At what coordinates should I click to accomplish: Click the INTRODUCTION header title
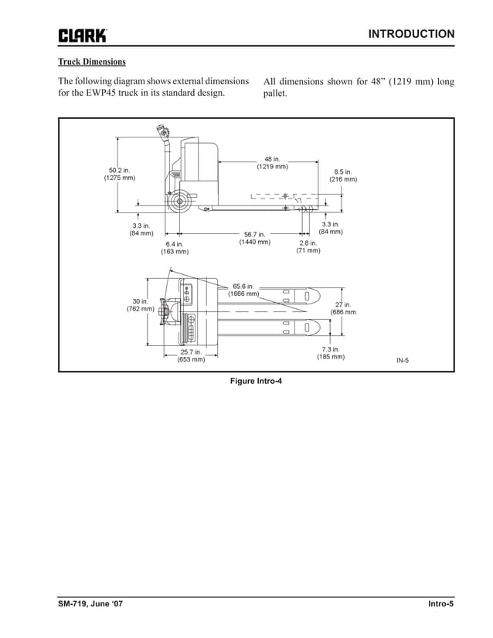[411, 34]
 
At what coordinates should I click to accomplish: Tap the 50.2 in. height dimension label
[119, 174]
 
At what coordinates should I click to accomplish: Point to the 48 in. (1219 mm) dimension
[272, 162]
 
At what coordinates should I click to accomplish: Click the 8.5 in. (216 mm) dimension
[343, 175]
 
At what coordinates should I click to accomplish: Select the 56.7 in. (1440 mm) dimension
[254, 238]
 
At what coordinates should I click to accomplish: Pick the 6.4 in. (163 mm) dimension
[174, 247]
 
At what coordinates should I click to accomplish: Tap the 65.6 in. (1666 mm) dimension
[243, 290]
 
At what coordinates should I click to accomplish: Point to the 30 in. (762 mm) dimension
[140, 305]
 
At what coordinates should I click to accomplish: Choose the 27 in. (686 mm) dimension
[343, 308]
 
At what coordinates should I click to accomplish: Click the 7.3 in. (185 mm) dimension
[331, 354]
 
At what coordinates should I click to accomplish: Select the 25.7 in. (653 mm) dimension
[191, 355]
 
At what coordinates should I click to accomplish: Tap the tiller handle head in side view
[163, 133]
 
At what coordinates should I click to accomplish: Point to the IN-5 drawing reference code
[403, 360]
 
